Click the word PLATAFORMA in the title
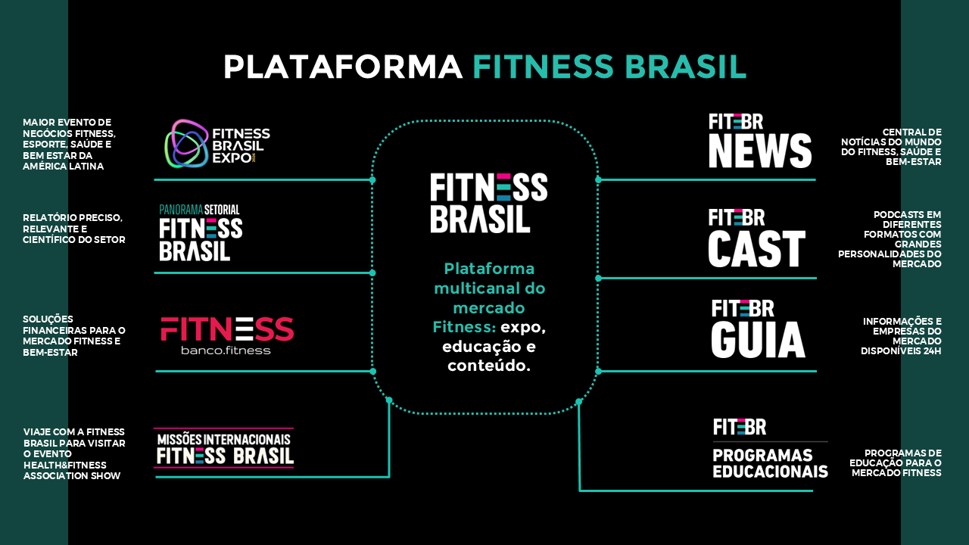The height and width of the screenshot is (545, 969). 342,67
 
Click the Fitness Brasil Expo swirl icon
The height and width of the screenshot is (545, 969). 186,143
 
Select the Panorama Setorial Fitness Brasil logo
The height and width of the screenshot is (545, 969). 201,233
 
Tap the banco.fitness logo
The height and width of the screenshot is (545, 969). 226,335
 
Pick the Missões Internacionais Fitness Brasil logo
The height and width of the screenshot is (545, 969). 224,448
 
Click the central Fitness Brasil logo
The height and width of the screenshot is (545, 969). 488,203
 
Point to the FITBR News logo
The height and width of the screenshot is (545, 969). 760,141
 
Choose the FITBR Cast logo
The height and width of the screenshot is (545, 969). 756,238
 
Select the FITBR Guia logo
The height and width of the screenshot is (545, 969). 757,329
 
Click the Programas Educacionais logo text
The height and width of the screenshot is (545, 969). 770,462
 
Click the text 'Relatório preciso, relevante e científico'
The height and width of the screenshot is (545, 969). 73,229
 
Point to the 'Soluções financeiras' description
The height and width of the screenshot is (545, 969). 73,335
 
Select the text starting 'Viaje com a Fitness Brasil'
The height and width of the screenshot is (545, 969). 73,453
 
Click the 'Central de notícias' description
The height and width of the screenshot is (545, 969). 891,146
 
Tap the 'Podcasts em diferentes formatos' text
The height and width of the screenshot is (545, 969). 890,239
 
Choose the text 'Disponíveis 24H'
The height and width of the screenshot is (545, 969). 901,350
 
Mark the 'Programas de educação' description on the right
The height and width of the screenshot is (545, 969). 896,462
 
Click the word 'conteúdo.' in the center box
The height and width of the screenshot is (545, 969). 488,366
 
